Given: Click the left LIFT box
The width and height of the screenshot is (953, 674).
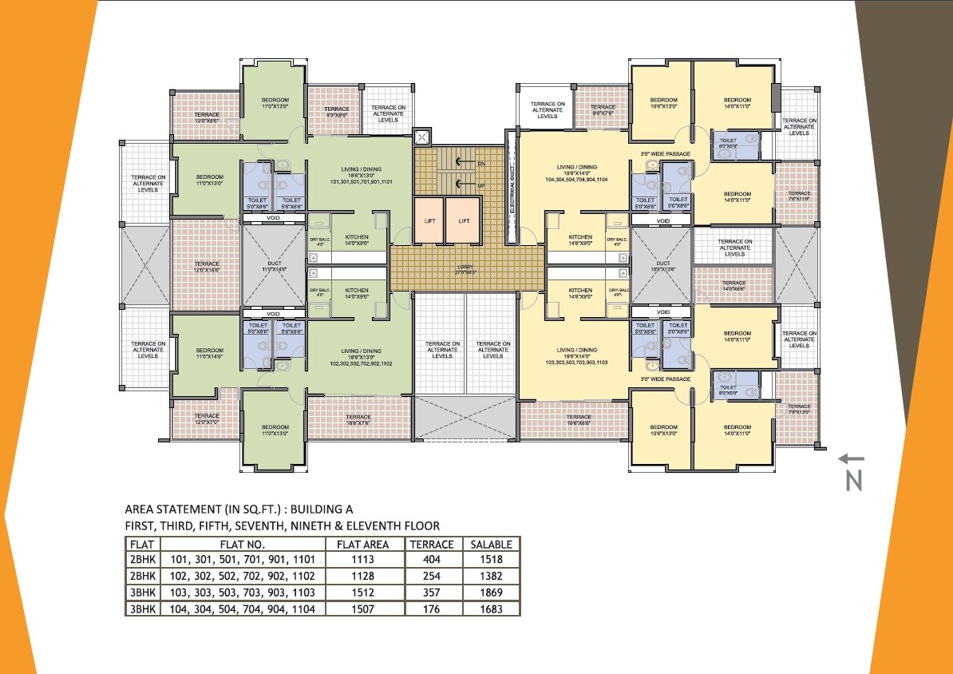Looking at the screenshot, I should [x=429, y=220].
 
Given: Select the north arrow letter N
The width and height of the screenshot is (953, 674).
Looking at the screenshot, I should [x=854, y=481].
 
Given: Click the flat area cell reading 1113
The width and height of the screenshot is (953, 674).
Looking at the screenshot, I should [x=362, y=560].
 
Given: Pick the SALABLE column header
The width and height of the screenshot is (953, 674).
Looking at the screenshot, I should [x=491, y=544].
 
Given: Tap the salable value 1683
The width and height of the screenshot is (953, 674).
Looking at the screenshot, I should [x=491, y=609].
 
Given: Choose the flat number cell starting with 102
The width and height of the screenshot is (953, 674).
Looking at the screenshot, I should [x=243, y=576].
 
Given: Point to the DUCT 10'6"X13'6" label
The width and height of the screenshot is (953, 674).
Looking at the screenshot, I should [x=662, y=266].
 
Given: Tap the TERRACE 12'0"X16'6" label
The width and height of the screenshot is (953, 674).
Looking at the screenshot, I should [x=207, y=267].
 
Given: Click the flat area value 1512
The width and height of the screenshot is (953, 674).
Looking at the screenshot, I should [x=362, y=593].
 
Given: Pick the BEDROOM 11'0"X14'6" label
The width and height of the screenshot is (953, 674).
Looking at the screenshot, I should [x=210, y=354].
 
